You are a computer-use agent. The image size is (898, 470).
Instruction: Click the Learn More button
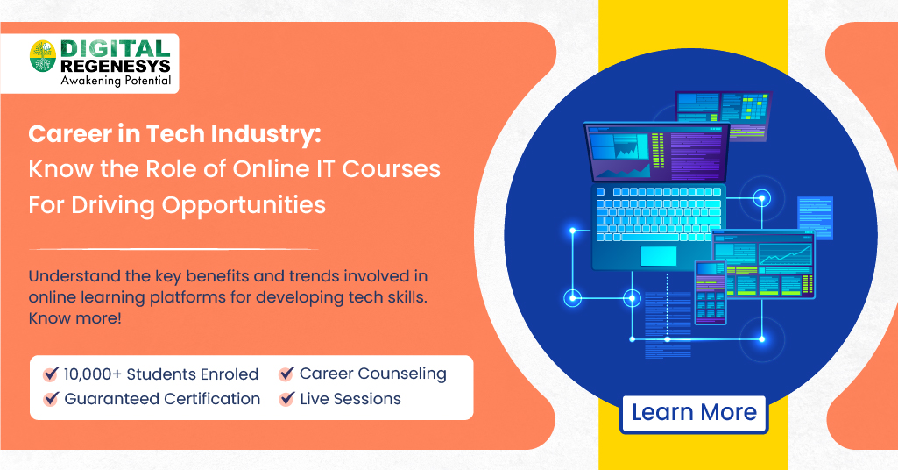point(694,412)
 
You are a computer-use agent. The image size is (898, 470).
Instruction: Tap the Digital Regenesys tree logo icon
point(42,58)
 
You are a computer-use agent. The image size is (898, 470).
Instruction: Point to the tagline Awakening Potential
point(115,82)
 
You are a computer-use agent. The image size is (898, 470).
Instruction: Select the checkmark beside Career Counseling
point(286,374)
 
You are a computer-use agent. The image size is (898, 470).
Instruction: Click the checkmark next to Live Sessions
point(286,400)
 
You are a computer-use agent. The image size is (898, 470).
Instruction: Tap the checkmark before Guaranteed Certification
point(51,400)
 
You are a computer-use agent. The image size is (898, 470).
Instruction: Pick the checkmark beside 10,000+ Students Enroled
point(51,374)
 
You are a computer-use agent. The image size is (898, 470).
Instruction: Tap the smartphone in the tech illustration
point(711,292)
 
